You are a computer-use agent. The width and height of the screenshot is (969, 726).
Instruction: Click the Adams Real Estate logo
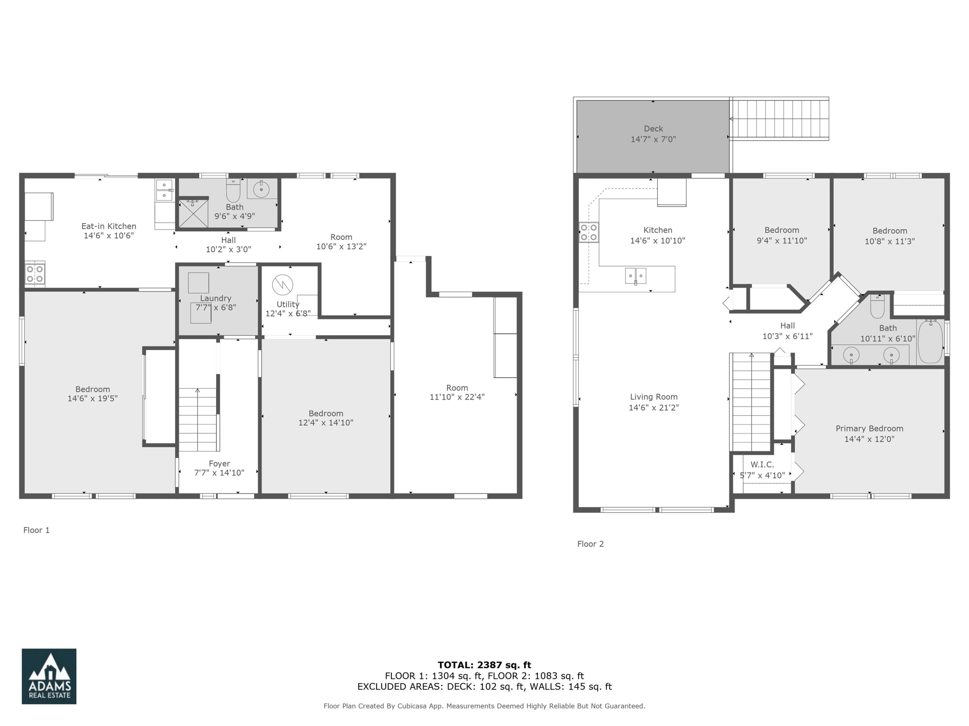coord(49,676)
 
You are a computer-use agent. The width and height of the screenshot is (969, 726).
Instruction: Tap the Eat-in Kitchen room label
coord(109,226)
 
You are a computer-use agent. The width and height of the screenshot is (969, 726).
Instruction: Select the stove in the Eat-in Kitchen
coord(35,274)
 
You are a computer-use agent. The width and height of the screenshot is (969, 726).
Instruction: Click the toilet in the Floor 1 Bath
coord(233,191)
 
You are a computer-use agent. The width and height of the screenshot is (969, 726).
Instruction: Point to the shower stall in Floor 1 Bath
coord(193,214)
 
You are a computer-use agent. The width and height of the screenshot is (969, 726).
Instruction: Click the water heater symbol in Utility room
coord(283,285)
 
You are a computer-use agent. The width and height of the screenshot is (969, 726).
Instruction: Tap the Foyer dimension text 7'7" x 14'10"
coord(219,473)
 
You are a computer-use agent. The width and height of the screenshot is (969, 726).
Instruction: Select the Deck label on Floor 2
coord(653,129)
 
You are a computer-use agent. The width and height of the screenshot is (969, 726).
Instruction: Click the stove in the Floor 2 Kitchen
coord(589,232)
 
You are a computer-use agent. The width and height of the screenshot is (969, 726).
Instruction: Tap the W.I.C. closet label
coord(762,465)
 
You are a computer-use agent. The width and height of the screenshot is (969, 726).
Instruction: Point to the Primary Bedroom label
coord(869,429)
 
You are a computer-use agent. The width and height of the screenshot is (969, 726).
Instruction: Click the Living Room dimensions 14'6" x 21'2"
coord(654,408)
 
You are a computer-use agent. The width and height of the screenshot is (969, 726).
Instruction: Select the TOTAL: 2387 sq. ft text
coord(484,665)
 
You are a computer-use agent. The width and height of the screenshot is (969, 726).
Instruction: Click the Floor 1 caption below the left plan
coord(36,530)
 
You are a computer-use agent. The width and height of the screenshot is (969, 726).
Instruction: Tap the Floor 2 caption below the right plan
coord(590,544)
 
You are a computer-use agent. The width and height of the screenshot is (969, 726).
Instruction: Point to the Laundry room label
coord(215,298)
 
